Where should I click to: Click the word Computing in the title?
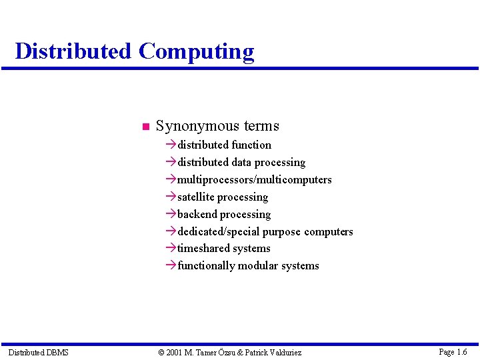tap(196, 52)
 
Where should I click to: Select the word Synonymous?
tap(198, 126)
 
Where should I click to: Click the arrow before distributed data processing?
tap(171, 162)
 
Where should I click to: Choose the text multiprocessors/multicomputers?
tap(254, 179)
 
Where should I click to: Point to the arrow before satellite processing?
tap(171, 197)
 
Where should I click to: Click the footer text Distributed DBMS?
tap(39, 352)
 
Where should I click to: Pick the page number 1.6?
tap(462, 351)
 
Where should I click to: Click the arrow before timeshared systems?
tap(171, 248)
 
